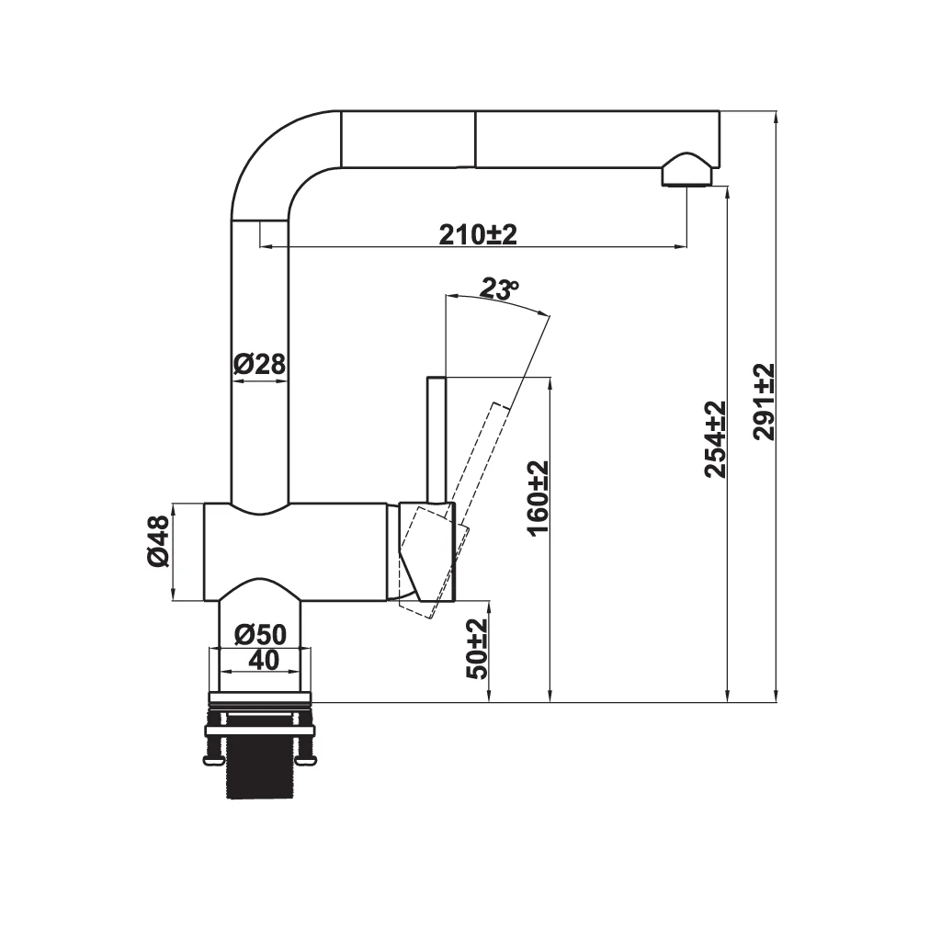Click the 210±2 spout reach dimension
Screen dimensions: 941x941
coord(478,234)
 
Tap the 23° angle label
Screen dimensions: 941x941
coord(499,289)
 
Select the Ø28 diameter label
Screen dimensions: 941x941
coord(259,364)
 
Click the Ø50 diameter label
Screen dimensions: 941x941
coord(260,634)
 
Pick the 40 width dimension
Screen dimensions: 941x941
coord(264,660)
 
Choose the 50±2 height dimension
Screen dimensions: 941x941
coord(477,649)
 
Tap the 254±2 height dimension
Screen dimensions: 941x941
coord(715,439)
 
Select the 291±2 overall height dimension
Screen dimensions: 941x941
coord(764,402)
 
